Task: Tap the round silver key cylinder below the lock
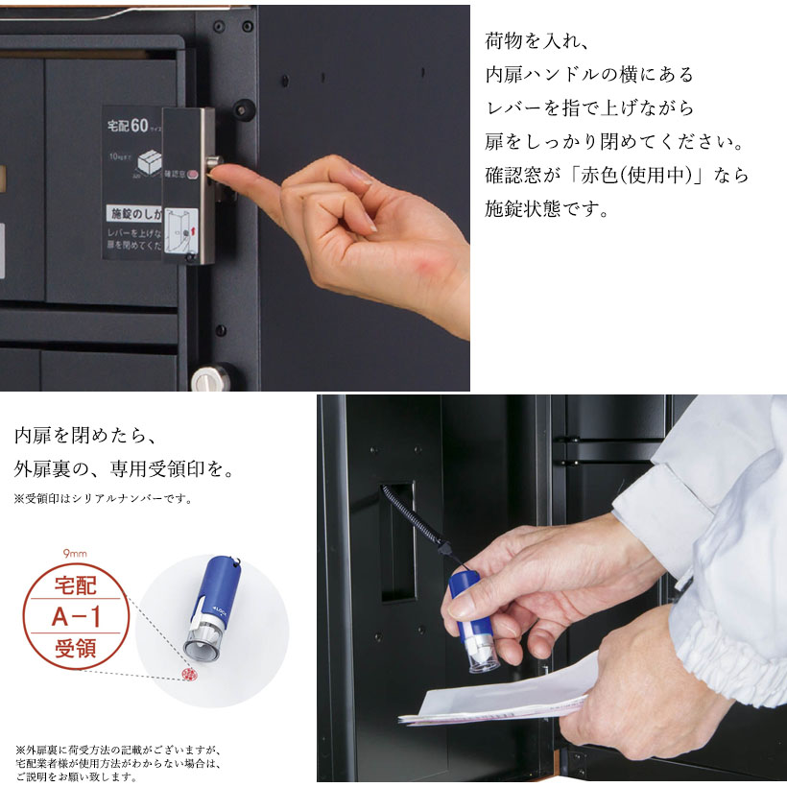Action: (206, 380)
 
